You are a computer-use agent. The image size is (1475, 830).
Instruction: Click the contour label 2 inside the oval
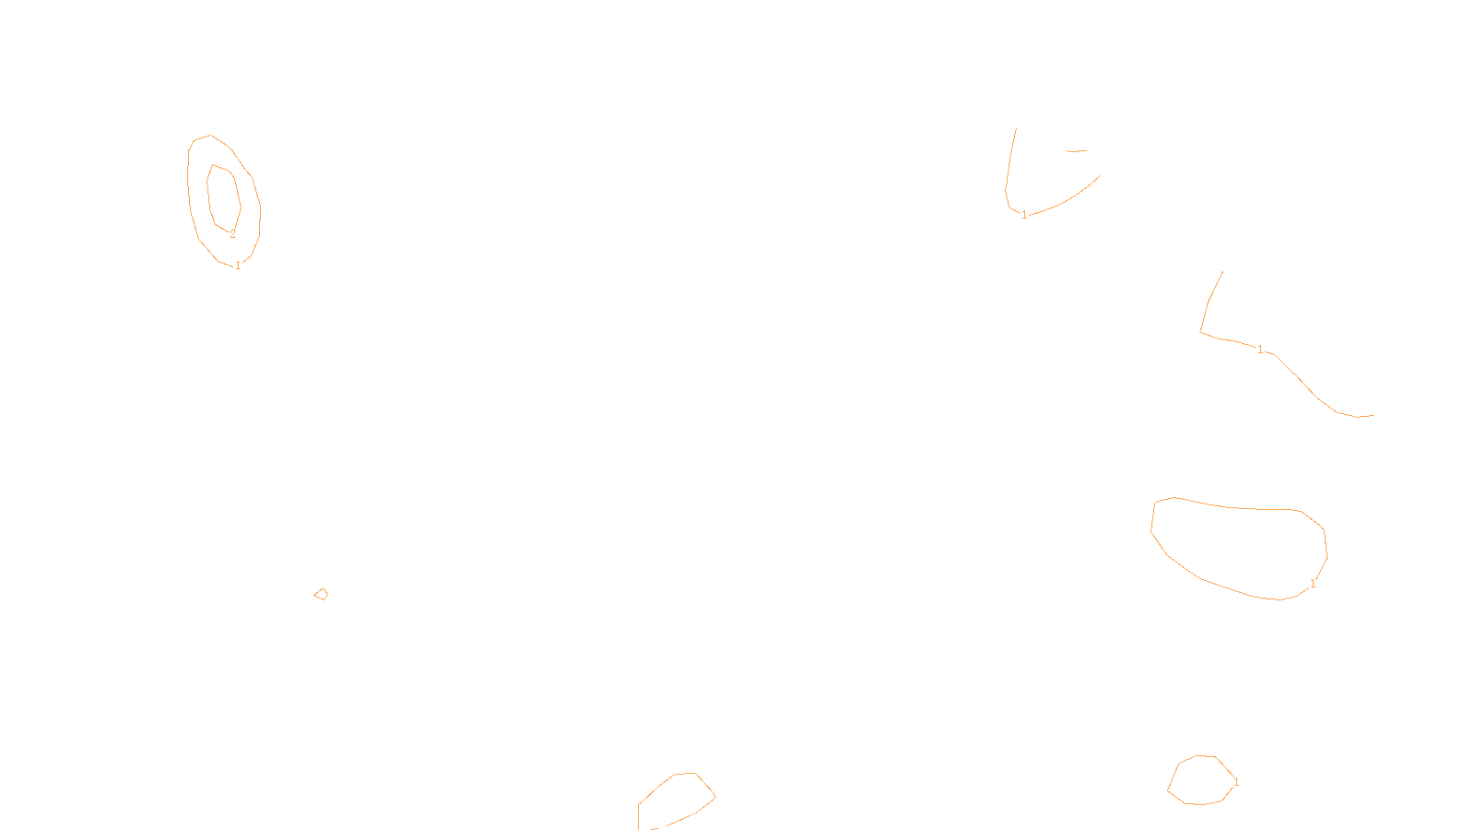point(232,234)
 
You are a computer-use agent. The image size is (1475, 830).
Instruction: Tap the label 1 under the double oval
point(238,266)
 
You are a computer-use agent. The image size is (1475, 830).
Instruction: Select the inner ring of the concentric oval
point(208,194)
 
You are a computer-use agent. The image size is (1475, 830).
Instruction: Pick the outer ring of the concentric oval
point(189,184)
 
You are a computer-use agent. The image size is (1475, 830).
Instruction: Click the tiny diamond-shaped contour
point(321,594)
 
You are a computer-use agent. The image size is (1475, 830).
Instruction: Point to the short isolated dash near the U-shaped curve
point(1077,150)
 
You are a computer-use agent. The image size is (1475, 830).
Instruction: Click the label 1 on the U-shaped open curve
point(1024,215)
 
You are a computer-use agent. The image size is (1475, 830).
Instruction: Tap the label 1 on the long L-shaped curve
point(1260,350)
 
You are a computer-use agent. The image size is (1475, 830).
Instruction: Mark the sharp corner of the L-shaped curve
point(1200,331)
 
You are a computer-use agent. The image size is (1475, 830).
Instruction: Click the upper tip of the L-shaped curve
point(1222,272)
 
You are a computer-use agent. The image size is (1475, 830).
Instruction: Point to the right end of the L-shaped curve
point(1372,416)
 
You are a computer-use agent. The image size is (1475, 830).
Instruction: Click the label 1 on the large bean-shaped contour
point(1313,584)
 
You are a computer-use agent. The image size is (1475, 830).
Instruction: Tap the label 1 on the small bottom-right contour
point(1236,782)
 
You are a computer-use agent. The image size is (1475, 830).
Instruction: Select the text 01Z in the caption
point(699,815)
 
